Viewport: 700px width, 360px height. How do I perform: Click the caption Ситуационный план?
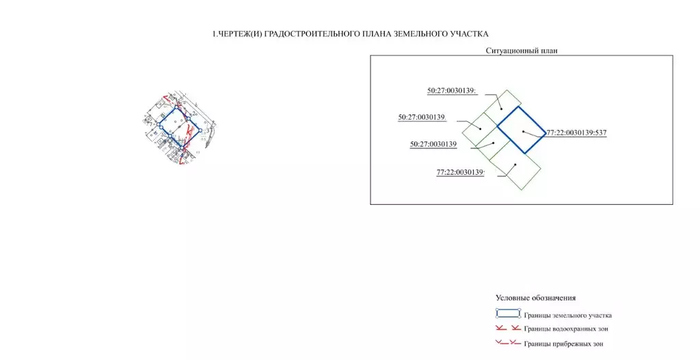coord(522,51)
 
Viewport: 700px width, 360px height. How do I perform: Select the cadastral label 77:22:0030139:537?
coord(576,133)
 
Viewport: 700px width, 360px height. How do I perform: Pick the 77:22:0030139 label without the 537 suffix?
coord(460,172)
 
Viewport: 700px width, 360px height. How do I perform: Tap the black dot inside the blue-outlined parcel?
coord(524,131)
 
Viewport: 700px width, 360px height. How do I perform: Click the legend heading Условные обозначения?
coord(535,298)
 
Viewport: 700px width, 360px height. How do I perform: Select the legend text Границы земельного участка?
coord(567,316)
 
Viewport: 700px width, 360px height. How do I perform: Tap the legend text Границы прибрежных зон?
coord(563,344)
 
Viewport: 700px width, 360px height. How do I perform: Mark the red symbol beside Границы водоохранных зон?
coord(508,329)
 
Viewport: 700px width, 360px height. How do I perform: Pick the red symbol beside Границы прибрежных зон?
coord(508,343)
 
